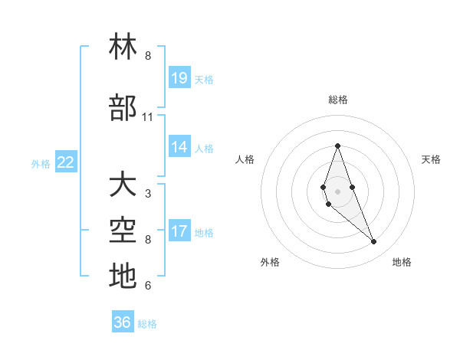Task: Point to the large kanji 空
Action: [123, 231]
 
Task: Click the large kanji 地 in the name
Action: [123, 277]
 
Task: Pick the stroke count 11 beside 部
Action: [148, 117]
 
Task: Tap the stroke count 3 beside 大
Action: [148, 194]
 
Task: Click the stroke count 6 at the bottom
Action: [148, 286]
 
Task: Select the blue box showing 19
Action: [179, 77]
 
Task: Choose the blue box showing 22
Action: [66, 162]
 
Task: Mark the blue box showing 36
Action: [123, 322]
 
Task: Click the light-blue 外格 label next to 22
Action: [41, 163]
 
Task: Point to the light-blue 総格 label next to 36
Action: [147, 324]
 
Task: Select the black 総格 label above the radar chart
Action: [338, 100]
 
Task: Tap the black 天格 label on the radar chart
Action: [431, 159]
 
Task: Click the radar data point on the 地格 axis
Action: [373, 242]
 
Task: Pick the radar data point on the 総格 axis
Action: [337, 146]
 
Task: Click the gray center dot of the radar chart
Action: [337, 191]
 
